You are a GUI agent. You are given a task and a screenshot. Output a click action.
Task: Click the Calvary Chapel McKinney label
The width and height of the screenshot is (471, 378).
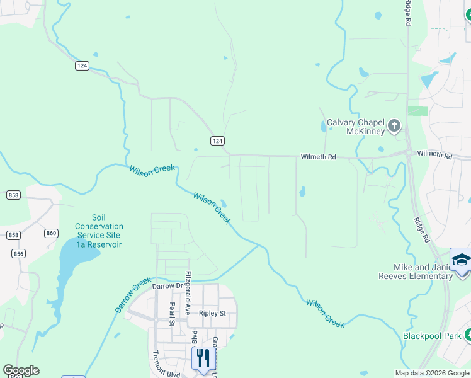(x=355, y=127)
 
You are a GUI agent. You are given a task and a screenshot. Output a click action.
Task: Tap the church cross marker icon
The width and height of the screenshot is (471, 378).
(x=394, y=126)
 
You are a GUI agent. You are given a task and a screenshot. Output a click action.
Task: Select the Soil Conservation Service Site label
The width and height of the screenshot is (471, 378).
(x=99, y=231)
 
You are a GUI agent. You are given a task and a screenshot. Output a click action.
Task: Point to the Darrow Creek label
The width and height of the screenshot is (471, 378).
(x=133, y=294)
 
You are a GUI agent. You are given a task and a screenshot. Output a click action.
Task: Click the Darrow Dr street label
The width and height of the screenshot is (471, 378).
(x=167, y=286)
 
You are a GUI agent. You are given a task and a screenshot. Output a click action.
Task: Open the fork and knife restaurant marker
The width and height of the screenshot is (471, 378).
(x=203, y=358)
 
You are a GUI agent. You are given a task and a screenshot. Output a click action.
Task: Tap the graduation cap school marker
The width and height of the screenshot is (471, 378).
(x=461, y=260)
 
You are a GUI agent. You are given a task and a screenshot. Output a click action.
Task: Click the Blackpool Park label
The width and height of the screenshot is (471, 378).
(x=432, y=336)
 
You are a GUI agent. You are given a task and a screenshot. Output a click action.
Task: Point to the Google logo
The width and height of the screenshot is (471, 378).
(x=21, y=370)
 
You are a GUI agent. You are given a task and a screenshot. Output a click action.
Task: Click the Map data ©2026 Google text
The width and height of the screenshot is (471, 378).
(x=432, y=373)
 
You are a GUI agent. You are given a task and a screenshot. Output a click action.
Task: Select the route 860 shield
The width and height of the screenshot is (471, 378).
(x=51, y=233)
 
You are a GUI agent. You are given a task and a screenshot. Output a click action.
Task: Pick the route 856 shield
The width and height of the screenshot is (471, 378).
(x=19, y=253)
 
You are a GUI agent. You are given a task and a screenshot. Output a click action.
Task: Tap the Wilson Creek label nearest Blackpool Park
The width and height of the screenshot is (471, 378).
(x=325, y=313)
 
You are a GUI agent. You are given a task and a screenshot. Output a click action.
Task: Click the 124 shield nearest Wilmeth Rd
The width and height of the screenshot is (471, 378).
(x=217, y=140)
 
